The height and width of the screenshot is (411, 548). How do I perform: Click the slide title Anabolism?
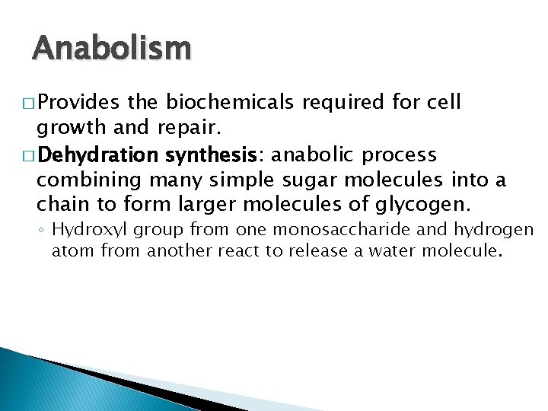(112, 49)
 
